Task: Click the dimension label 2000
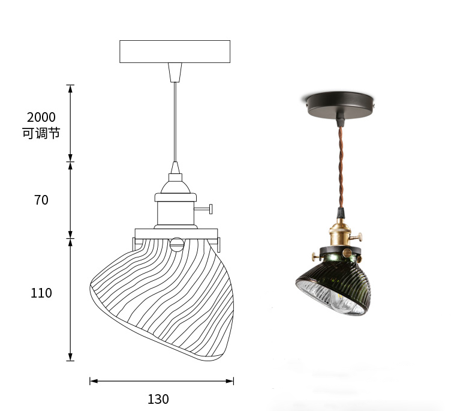pos(41,117)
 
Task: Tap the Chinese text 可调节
pos(41,133)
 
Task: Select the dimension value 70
pos(41,200)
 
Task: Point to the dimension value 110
pos(41,293)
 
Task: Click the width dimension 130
pos(158,399)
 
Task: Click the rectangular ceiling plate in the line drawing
pos(175,52)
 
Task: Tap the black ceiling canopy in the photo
pos(339,105)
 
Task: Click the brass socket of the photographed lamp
pos(340,235)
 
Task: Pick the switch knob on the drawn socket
pos(204,209)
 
